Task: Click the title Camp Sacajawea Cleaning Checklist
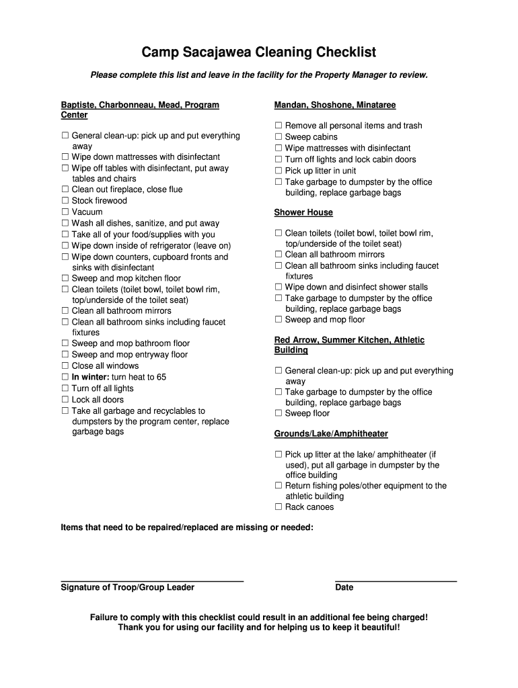[259, 52]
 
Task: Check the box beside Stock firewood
[65, 201]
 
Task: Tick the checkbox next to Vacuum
[65, 212]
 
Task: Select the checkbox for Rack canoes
[279, 507]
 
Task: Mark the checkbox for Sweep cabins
[279, 137]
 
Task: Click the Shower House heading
[303, 212]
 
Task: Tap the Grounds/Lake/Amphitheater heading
[331, 434]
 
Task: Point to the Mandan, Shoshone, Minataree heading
[335, 105]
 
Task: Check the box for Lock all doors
[65, 400]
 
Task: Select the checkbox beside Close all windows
[65, 366]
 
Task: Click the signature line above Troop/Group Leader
[152, 580]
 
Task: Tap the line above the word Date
[396, 580]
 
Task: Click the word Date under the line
[344, 588]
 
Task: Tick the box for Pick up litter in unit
[279, 171]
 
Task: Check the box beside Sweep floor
[279, 414]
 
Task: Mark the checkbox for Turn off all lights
[65, 388]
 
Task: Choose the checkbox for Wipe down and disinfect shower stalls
[279, 288]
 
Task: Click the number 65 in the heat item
[161, 378]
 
